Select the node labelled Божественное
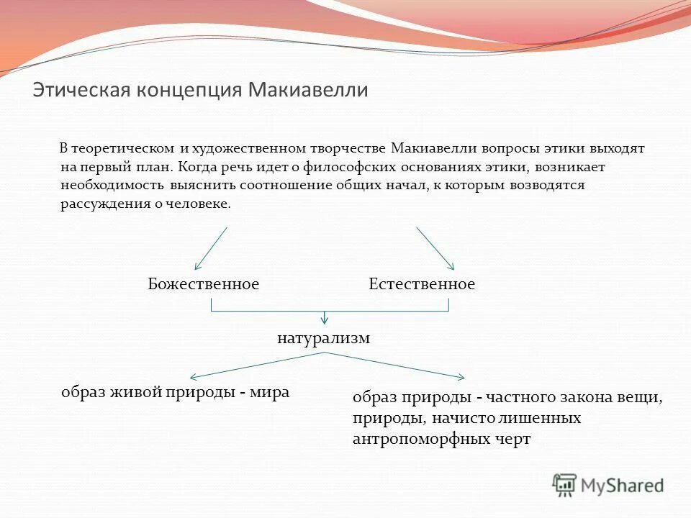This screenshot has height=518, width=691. (203, 284)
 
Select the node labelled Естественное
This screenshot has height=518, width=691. (422, 284)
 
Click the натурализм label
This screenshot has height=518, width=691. (323, 338)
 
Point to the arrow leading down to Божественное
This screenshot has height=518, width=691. (210, 249)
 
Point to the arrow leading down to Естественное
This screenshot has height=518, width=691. (435, 249)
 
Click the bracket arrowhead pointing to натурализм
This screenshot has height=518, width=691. (325, 318)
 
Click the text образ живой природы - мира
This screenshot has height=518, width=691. (175, 393)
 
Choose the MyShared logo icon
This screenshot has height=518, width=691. (565, 486)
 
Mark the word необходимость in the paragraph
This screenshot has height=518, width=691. (113, 186)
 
